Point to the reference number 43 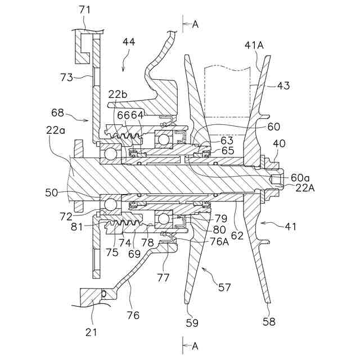(x=283, y=86)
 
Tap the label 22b (x=118, y=94)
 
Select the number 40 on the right (x=280, y=143)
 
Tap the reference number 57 (x=224, y=288)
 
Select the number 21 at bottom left (x=91, y=332)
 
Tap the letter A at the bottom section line (x=195, y=346)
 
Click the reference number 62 (x=237, y=237)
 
